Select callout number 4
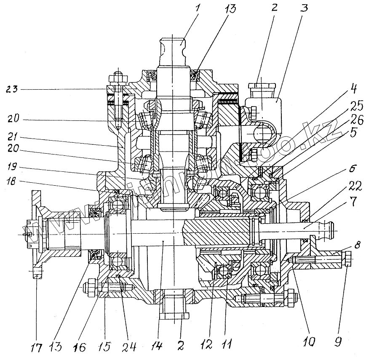352,89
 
